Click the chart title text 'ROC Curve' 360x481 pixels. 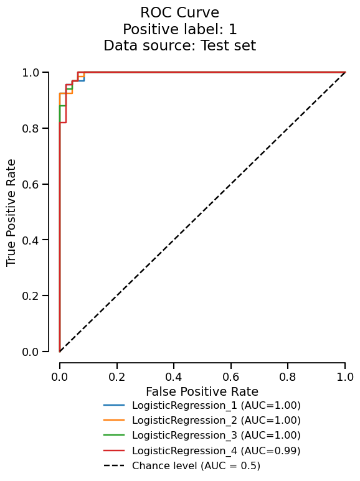click(x=179, y=12)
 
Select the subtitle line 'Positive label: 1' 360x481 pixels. click(x=179, y=29)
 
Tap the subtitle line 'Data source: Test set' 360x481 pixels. click(x=179, y=45)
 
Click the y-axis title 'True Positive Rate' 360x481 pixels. click(x=12, y=212)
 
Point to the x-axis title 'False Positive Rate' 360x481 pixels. click(x=202, y=391)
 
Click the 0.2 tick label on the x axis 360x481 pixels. click(x=116, y=377)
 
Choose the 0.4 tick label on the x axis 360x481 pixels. click(x=174, y=377)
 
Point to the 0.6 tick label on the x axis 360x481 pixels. click(x=230, y=377)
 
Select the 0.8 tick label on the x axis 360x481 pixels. click(x=288, y=377)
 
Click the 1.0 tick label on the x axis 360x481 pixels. click(x=344, y=377)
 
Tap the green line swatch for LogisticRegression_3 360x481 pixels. click(x=115, y=436)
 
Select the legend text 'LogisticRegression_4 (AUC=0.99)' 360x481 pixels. click(x=216, y=451)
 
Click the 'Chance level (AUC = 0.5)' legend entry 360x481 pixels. click(x=196, y=465)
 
